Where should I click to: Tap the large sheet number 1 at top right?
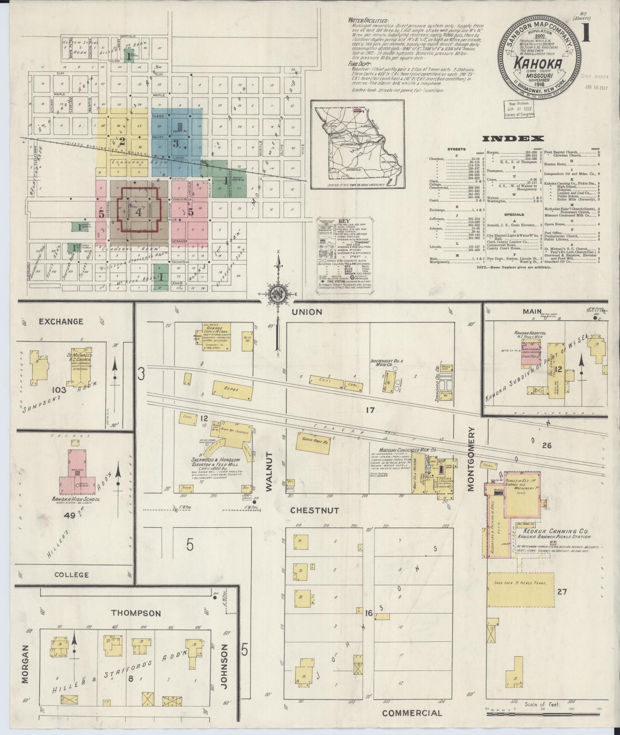pos(586,32)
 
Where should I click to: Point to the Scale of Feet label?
pos(542,704)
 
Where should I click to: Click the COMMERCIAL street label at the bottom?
pos(412,713)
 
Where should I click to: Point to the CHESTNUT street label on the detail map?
pos(314,510)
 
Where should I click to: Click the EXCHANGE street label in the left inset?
pos(61,321)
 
